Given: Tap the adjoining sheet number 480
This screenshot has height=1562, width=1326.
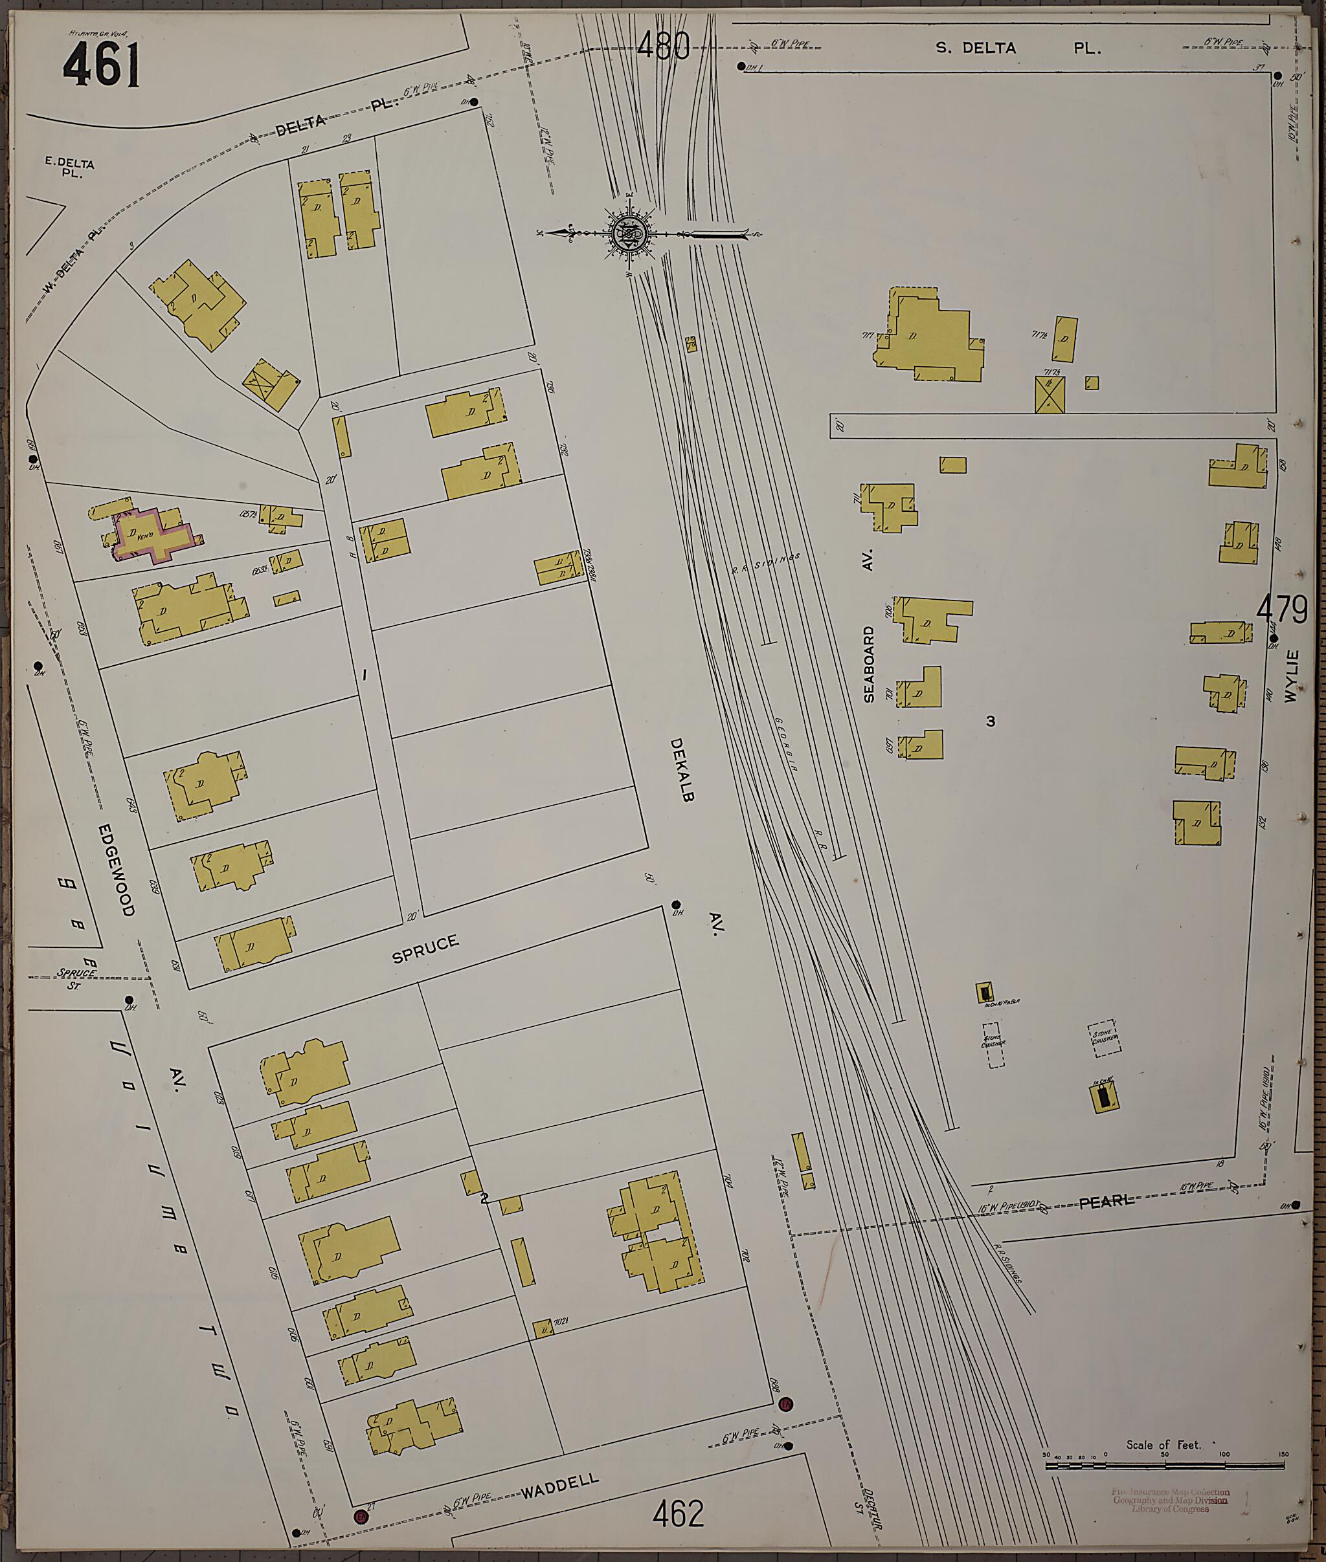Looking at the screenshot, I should click(663, 46).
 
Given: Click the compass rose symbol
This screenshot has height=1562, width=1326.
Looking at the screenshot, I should click(629, 233).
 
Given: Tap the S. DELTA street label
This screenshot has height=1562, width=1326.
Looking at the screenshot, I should click(976, 48).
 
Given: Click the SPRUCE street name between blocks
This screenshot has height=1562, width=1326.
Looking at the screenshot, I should click(425, 950).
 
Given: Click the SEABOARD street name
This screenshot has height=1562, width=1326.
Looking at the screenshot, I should click(869, 664).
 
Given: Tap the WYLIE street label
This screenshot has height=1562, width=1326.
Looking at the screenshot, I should click(1292, 676).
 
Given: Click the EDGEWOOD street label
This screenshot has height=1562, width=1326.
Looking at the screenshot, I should click(117, 869).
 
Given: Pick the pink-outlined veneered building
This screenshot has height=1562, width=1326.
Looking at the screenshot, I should click(153, 533).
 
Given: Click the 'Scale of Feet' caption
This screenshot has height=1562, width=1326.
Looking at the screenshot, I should click(1163, 1445).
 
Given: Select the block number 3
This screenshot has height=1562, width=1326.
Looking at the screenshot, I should click(991, 721).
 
